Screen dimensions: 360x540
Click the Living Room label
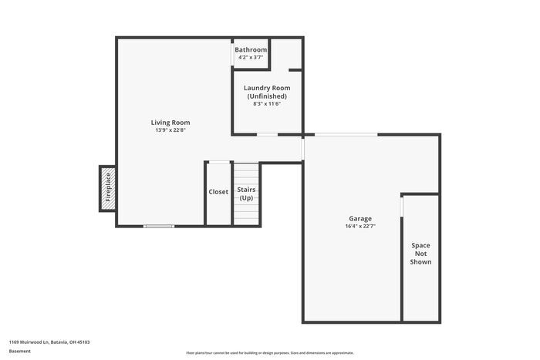[x=170, y=123]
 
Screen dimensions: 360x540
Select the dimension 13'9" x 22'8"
[x=170, y=130]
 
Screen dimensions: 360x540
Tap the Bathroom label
[x=251, y=50]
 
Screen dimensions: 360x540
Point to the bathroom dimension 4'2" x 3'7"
[x=251, y=57]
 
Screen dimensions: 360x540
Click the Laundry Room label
[x=267, y=88]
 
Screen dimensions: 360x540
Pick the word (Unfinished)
[x=267, y=96]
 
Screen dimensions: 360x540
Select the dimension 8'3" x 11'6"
[x=267, y=104]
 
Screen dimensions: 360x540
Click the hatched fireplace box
[x=107, y=188]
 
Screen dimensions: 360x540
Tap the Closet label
[x=218, y=192]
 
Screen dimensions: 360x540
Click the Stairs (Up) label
[x=246, y=193]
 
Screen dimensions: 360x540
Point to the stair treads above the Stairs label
[x=247, y=173]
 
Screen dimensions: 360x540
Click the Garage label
[x=359, y=218]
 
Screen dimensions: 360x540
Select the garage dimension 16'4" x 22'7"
[x=359, y=226]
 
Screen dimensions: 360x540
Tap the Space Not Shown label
[x=420, y=254]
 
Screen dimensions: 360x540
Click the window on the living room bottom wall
[x=159, y=226]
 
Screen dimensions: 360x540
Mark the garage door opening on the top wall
[x=346, y=135]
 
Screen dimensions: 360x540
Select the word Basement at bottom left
[x=19, y=351]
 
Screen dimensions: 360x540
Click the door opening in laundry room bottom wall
[x=267, y=135]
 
